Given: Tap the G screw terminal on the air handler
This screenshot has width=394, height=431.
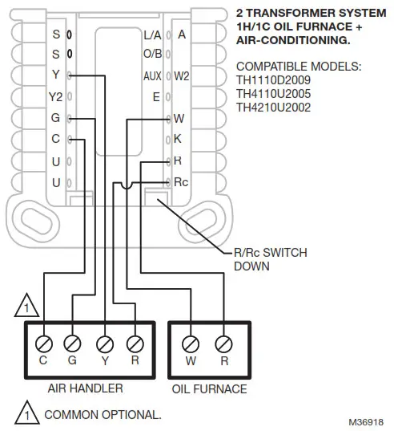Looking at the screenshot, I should coord(73,343).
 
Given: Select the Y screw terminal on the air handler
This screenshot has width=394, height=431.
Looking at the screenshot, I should coord(103,343).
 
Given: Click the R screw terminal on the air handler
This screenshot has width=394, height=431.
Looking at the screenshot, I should coord(134,343).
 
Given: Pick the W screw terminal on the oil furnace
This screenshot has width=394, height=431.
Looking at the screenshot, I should coord(190,343).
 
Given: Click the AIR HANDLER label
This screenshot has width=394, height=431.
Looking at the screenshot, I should coord(85,388).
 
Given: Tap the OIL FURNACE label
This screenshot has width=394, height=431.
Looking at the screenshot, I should coord(209,389).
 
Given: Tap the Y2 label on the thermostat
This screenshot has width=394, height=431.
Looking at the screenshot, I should coord(55,97).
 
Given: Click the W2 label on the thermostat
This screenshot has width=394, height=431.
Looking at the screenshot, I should coord(182,76).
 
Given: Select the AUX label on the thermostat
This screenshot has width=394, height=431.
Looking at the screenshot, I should coord(152,76).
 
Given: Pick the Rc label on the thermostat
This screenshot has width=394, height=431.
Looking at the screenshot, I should coord(181,182).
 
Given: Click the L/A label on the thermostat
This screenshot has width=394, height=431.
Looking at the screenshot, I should coord(152,35).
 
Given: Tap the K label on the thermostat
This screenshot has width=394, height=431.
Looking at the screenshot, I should coord(178,139).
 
